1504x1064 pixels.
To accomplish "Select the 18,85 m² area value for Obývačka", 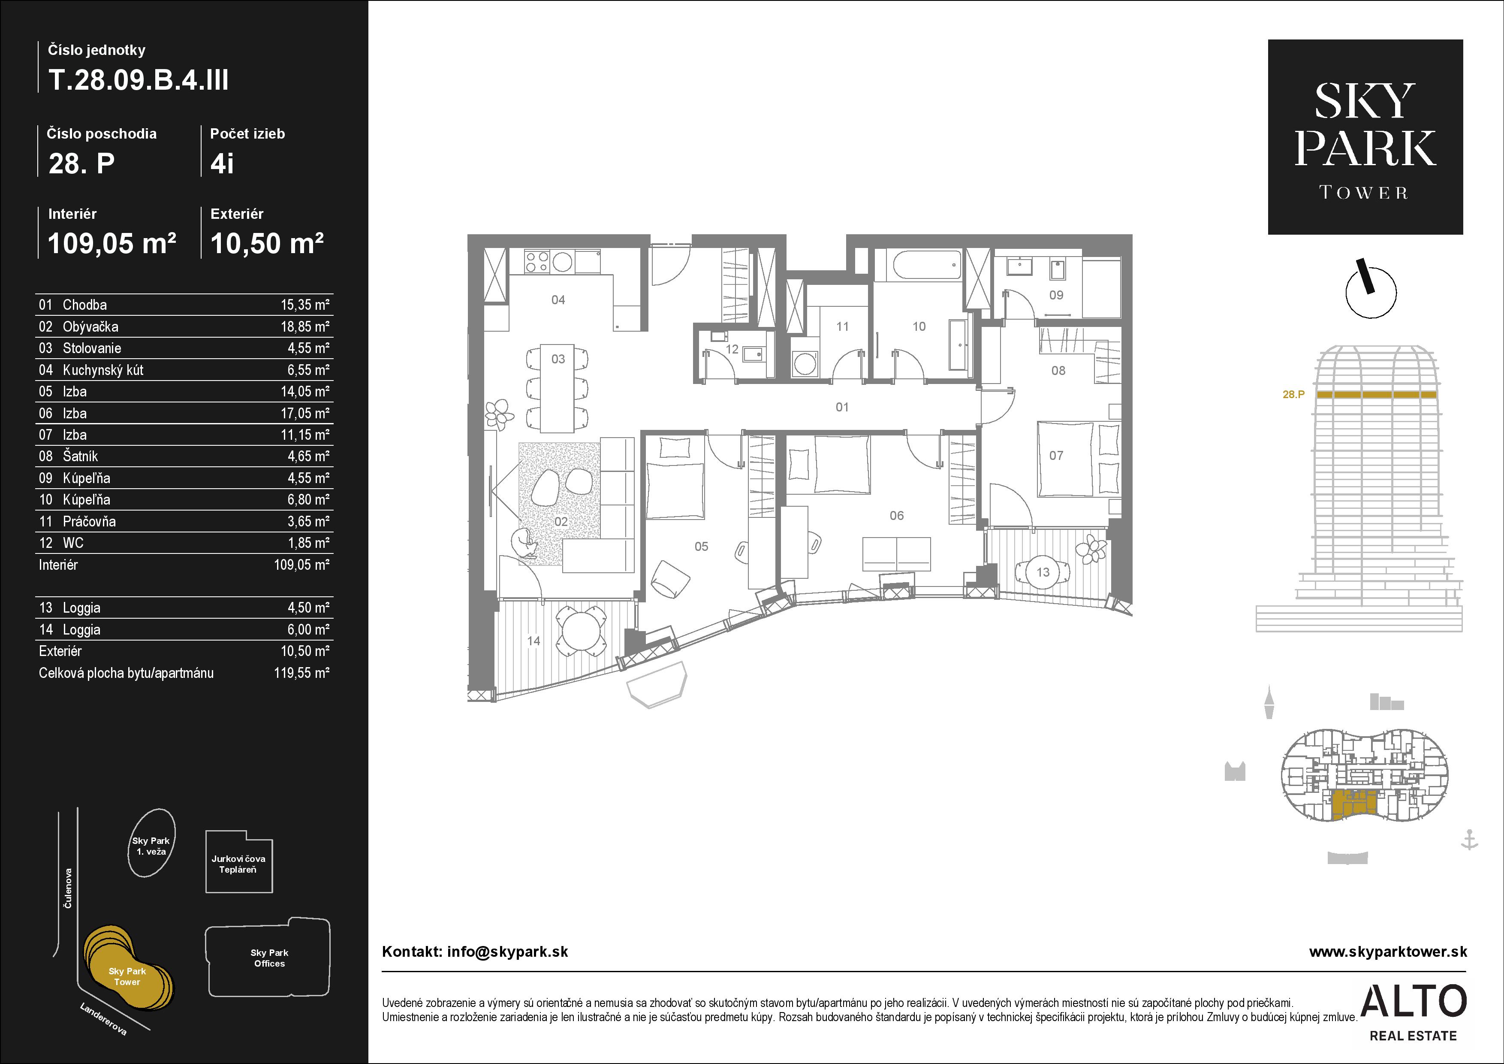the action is pyautogui.click(x=304, y=326).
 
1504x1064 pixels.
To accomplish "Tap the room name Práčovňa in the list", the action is pyautogui.click(x=89, y=522).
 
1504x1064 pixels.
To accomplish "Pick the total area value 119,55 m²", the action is pyautogui.click(x=301, y=673).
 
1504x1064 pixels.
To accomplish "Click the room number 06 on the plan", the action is pyautogui.click(x=896, y=516).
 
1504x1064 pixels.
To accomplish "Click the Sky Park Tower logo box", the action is pyautogui.click(x=1365, y=137).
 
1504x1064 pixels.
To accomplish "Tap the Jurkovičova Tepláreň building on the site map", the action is pyautogui.click(x=239, y=862).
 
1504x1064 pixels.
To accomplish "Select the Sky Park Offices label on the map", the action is pyautogui.click(x=269, y=958).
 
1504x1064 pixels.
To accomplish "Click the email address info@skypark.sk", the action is pyautogui.click(x=508, y=952).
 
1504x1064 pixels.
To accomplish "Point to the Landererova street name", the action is pyautogui.click(x=103, y=1019).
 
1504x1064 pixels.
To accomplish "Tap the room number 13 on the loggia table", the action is pyautogui.click(x=1043, y=572).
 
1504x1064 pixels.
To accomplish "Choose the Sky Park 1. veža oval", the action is pyautogui.click(x=151, y=843).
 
